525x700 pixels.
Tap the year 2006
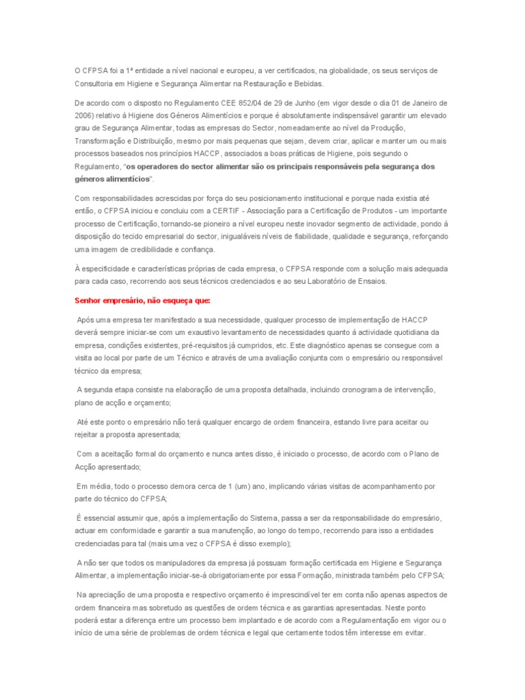pos(84,115)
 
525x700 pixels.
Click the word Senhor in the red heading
pos(89,300)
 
